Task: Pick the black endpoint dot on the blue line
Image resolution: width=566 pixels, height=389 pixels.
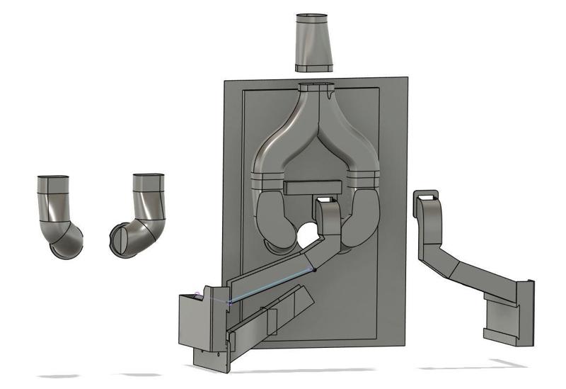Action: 315,270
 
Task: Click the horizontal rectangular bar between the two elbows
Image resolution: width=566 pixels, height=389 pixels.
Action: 313,188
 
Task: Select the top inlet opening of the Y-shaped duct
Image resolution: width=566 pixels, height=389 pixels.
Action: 316,89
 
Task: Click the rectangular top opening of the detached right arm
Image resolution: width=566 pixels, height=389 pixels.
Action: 427,194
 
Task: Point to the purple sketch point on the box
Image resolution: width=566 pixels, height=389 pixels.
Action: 197,293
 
